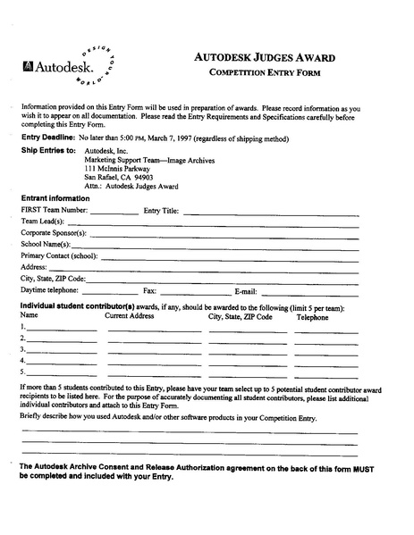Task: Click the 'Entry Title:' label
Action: (x=161, y=212)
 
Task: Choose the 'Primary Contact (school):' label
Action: (x=59, y=255)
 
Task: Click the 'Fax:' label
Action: (x=150, y=291)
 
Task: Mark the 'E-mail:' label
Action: (x=246, y=291)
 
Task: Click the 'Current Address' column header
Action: (x=130, y=316)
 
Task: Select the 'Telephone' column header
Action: (x=312, y=317)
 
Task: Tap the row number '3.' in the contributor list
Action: (x=23, y=350)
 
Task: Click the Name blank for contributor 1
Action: (x=62, y=330)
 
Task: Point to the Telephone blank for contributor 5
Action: (x=325, y=372)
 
